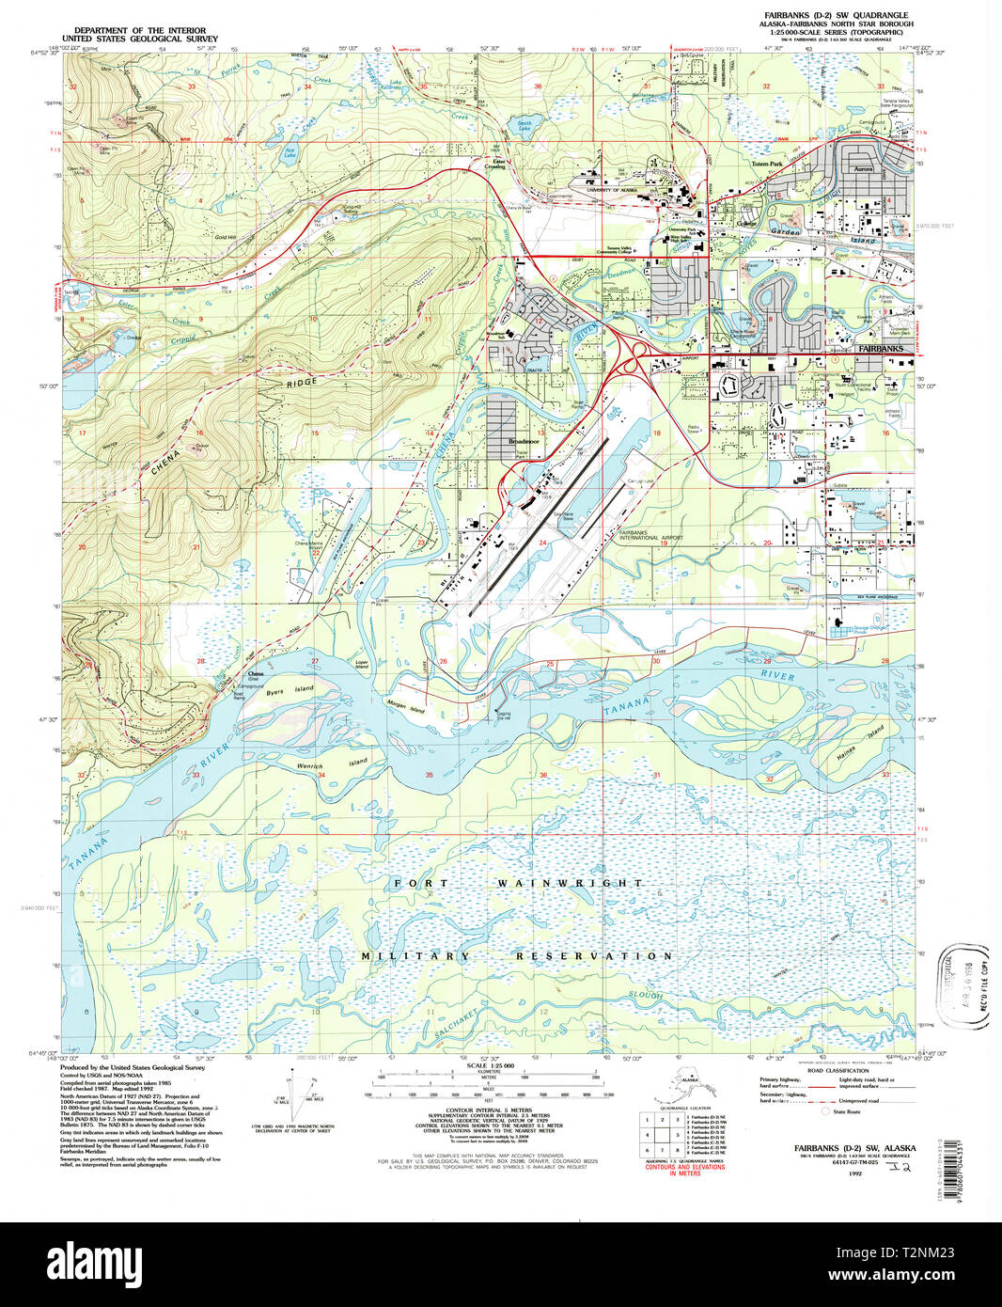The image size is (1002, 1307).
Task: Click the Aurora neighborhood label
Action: [x=862, y=169]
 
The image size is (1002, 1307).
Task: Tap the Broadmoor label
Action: [x=524, y=441]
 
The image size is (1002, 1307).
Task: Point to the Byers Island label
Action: [x=289, y=690]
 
